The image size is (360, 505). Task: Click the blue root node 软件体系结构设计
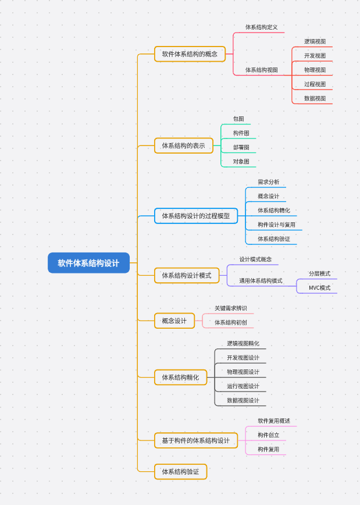88,263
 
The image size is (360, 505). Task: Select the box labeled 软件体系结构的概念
190,54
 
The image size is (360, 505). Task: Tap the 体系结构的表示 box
183,145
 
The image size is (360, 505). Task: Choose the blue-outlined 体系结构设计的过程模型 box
195,216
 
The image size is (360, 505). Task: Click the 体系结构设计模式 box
186,275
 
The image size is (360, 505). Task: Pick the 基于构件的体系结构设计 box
195,440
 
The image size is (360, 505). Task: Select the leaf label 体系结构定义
261,27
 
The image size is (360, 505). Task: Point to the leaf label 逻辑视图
315,42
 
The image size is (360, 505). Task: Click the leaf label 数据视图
315,98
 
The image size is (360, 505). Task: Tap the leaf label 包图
238,119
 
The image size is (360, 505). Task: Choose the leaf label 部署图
241,147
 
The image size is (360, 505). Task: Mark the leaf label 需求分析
268,182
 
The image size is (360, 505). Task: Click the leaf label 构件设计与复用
276,225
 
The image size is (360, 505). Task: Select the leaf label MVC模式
319,288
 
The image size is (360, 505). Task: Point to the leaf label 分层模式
319,273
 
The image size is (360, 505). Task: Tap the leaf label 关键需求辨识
230,308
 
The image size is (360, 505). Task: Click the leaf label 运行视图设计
243,386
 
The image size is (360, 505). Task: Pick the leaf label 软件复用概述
274,421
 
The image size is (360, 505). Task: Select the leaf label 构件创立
268,435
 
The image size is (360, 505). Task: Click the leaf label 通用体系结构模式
261,281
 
